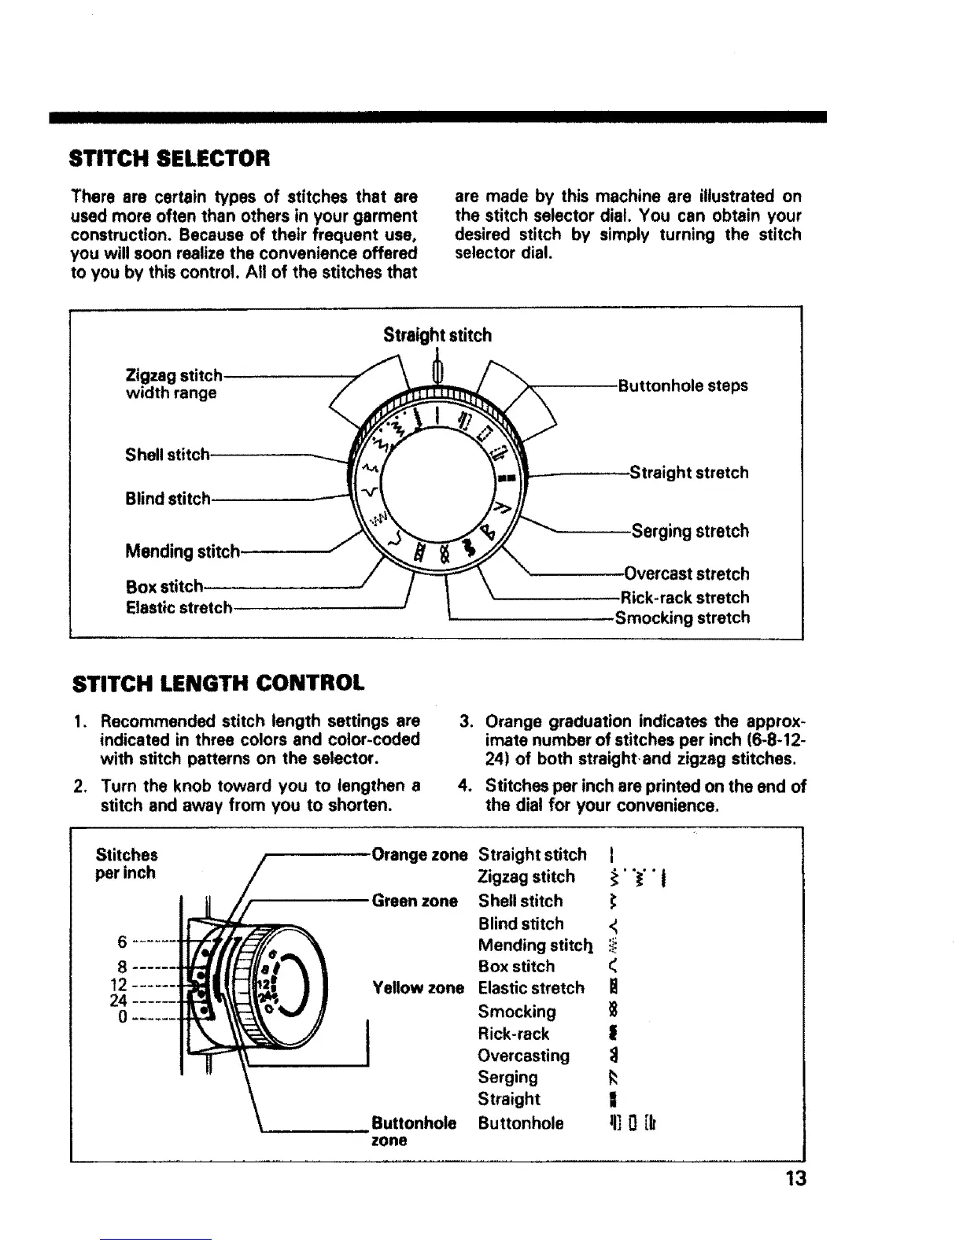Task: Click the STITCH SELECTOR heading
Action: [170, 158]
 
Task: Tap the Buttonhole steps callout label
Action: [682, 385]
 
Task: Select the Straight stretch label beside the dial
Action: [688, 473]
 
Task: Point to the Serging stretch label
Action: [689, 531]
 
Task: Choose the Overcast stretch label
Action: [686, 573]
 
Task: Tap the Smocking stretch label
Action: [682, 617]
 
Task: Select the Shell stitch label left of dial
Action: [168, 455]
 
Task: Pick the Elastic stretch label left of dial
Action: [179, 607]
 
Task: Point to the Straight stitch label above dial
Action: [437, 335]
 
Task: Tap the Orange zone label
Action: [419, 854]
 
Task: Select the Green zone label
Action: [415, 901]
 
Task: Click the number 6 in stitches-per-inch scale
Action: [122, 942]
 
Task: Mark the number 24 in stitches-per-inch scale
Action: [121, 1001]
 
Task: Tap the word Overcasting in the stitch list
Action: [523, 1056]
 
